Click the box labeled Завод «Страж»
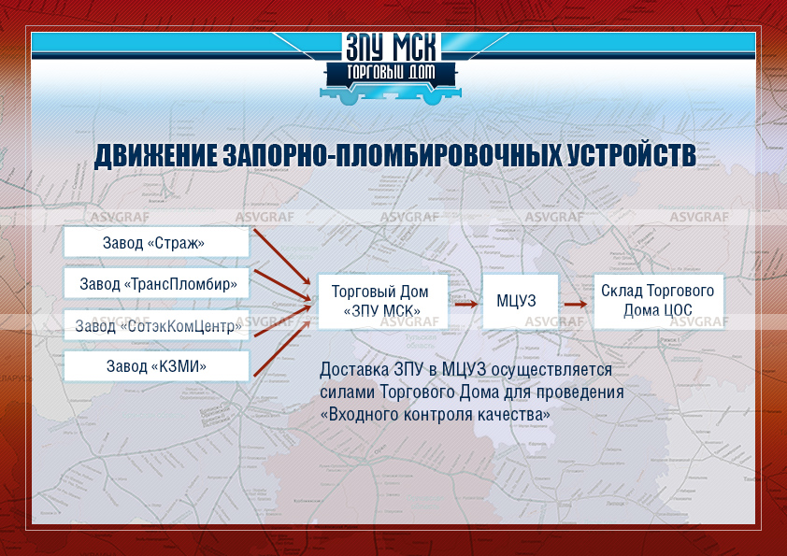(156, 242)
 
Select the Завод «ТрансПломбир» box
(156, 283)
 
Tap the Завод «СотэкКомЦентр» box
(156, 325)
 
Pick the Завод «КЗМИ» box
(156, 365)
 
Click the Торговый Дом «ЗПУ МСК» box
(382, 301)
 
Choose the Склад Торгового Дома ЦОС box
(659, 301)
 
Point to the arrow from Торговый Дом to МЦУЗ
(465, 304)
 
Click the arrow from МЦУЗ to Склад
(575, 304)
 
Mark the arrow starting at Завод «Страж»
(282, 257)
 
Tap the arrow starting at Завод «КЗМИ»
(282, 348)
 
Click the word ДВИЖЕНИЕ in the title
(156, 155)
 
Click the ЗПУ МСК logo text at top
(391, 48)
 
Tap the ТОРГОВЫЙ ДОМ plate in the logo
(391, 73)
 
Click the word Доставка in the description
(354, 370)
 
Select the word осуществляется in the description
(551, 370)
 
